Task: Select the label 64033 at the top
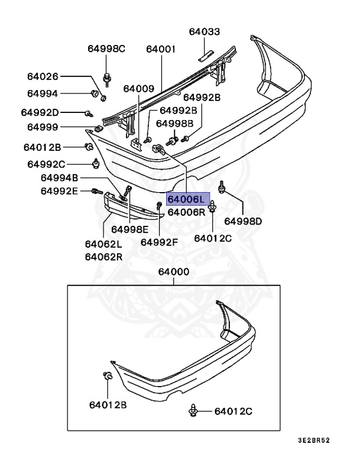point(204,32)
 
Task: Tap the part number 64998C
point(106,48)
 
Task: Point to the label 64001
point(161,48)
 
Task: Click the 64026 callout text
point(43,76)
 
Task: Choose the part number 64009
point(139,89)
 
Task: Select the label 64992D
point(40,112)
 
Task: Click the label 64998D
point(242,222)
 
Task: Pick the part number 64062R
point(103,257)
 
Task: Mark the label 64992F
point(159,241)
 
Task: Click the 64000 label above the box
point(174,272)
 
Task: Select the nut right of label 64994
point(94,93)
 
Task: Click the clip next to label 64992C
point(96,163)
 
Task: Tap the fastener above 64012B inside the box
point(107,378)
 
